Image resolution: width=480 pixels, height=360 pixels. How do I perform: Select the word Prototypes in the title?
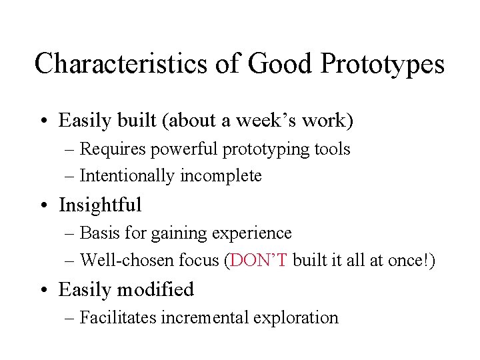click(382, 64)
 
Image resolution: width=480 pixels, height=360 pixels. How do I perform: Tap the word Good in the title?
click(277, 64)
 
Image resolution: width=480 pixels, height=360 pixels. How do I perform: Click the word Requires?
click(114, 149)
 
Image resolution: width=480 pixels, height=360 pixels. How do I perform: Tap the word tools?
click(333, 149)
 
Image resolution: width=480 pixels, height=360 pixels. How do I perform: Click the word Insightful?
click(100, 205)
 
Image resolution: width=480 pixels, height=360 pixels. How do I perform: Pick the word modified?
click(160, 289)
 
